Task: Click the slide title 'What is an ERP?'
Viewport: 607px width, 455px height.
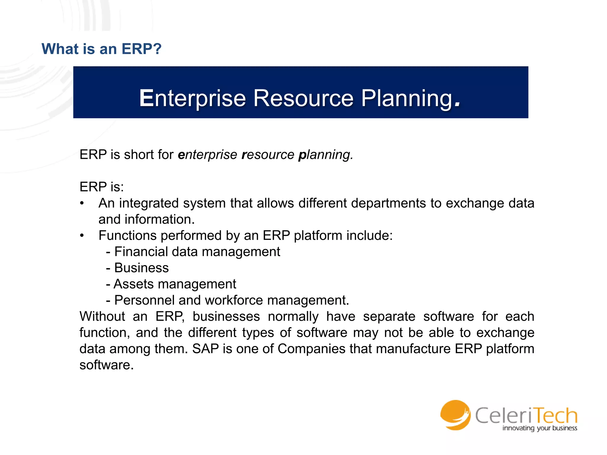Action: coord(101,49)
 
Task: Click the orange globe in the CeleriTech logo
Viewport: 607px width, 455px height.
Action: coord(455,415)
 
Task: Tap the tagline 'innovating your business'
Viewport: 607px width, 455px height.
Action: coord(539,428)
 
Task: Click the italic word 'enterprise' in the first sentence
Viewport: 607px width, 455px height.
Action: coord(207,155)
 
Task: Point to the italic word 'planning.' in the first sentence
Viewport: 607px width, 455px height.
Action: coord(325,155)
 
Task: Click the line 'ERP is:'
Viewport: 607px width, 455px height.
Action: coord(102,187)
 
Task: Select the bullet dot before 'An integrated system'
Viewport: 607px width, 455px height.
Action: coord(82,203)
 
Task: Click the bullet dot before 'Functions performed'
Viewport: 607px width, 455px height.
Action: coord(82,235)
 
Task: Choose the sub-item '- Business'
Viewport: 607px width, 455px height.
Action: coord(138,268)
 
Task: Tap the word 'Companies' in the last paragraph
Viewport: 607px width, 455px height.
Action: coord(312,349)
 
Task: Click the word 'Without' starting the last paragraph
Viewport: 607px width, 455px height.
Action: coord(102,316)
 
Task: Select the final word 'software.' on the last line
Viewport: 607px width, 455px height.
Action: coord(106,365)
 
